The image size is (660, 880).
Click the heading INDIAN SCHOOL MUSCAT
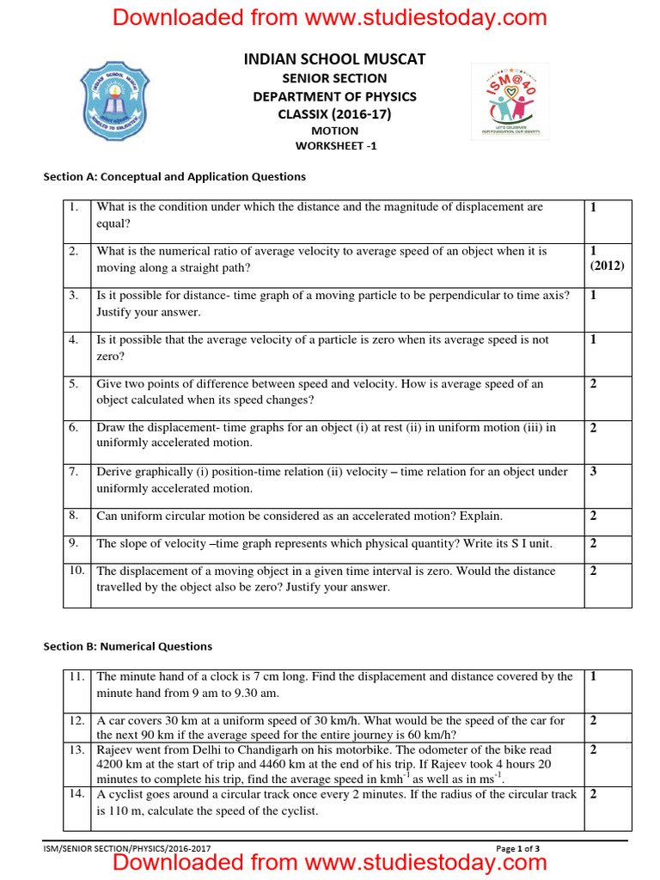[x=334, y=59]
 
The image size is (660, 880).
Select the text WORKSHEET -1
[x=335, y=146]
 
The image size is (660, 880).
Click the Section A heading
[x=174, y=177]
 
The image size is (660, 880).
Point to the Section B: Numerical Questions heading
[x=127, y=646]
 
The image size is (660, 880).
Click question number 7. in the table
[x=75, y=472]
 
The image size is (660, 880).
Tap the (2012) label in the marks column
[x=607, y=266]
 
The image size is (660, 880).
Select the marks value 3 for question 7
[x=594, y=472]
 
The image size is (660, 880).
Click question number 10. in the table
[x=76, y=571]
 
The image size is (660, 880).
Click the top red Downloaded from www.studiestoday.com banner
[x=330, y=16]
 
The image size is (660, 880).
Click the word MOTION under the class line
[x=334, y=131]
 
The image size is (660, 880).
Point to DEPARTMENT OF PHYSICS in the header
[x=334, y=96]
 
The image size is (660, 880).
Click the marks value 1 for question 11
[x=593, y=677]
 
